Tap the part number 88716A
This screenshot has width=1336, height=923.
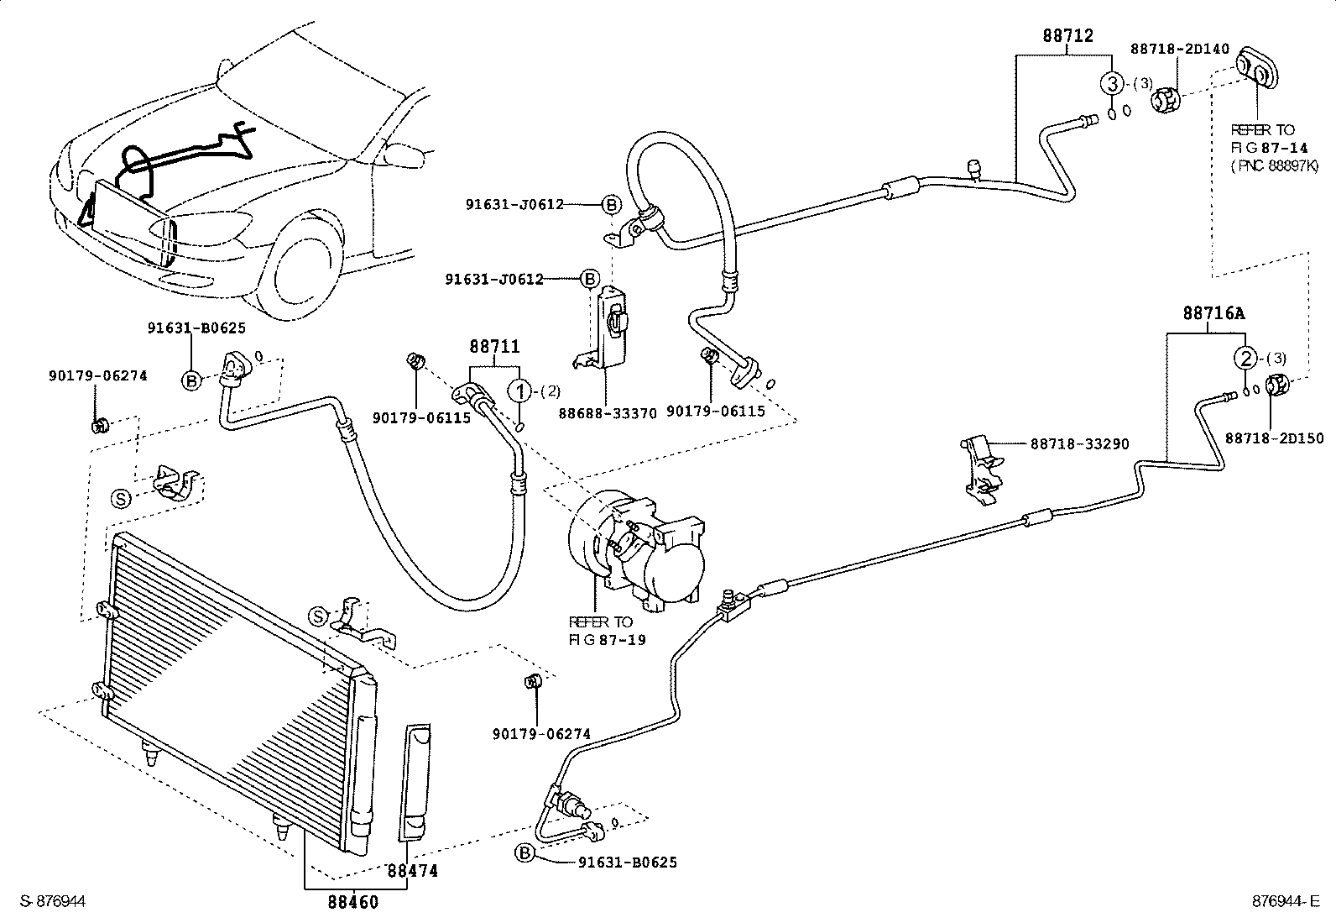pos(1213,313)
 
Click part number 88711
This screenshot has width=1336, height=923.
pos(493,346)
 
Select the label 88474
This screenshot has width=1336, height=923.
pos(412,871)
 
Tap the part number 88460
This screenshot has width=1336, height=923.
pos(352,902)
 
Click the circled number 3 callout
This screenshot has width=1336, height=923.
pos(1111,83)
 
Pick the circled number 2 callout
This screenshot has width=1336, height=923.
pos(1246,359)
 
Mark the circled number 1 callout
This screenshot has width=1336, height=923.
pos(520,390)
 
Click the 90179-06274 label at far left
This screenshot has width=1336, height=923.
pos(97,375)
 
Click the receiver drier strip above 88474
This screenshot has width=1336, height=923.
pos(417,781)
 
